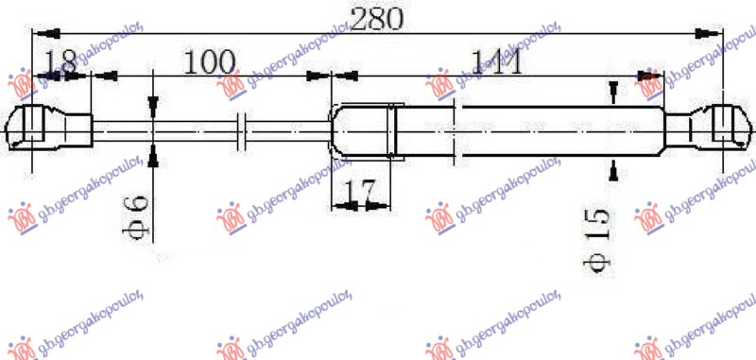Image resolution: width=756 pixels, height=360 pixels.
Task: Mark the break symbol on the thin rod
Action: click(x=243, y=129)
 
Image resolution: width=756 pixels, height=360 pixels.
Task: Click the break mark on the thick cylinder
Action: click(x=457, y=128)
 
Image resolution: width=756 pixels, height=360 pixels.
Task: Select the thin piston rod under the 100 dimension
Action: click(x=170, y=129)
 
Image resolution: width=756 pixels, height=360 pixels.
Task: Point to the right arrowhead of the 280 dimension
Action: click(x=705, y=34)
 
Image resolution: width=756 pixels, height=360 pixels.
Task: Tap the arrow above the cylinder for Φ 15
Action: click(x=614, y=92)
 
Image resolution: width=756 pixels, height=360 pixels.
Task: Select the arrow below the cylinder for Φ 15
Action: click(x=614, y=169)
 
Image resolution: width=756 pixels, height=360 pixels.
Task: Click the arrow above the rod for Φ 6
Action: click(x=153, y=105)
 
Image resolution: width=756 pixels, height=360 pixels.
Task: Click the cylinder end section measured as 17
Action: click(x=362, y=129)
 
